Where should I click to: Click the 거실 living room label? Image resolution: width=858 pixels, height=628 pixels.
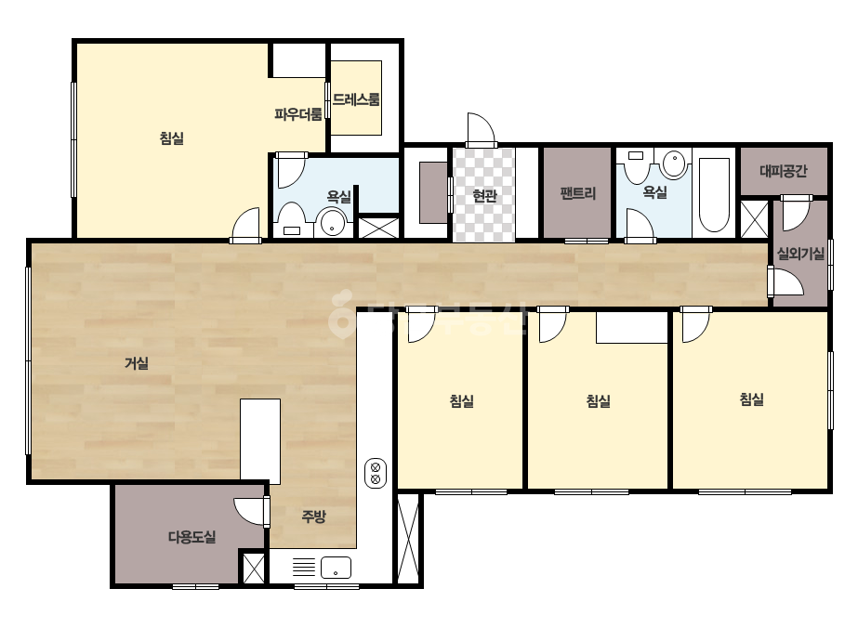click(137, 363)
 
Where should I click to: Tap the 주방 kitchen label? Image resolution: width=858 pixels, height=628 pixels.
click(313, 516)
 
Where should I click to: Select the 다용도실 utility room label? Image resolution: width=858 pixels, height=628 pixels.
click(192, 537)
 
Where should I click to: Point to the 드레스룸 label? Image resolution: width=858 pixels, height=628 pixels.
click(356, 99)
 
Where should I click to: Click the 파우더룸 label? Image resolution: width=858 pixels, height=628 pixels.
click(298, 114)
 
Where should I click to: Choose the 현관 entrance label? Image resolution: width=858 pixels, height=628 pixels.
click(485, 195)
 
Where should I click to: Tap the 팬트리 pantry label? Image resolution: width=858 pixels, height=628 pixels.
click(578, 193)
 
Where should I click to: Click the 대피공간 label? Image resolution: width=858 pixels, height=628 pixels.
click(784, 171)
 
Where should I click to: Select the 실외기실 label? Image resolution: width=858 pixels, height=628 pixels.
click(800, 254)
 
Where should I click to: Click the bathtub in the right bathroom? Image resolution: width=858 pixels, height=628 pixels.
click(714, 195)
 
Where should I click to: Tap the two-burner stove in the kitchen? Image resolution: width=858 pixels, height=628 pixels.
click(376, 473)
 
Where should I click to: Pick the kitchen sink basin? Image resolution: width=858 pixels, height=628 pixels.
click(336, 568)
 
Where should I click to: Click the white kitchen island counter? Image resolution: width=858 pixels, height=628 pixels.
click(260, 441)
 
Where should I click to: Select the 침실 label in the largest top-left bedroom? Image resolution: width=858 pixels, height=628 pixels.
click(172, 137)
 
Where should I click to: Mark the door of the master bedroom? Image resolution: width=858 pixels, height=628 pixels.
click(245, 226)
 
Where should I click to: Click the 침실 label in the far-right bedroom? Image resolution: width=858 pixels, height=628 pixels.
click(752, 399)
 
